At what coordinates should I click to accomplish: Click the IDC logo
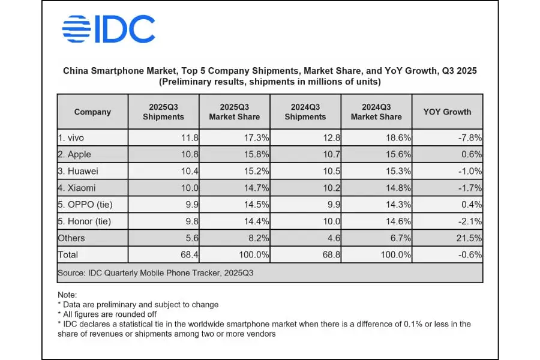coord(109,29)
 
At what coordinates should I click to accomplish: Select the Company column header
coord(92,112)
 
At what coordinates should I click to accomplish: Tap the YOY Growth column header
coord(447,112)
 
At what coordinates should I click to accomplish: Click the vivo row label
coord(71,137)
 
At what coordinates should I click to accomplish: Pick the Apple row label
coord(75,154)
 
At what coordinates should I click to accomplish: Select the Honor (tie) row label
coord(85,221)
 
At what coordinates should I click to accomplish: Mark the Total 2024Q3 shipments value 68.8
coord(331,255)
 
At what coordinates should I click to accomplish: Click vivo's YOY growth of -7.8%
coord(469,137)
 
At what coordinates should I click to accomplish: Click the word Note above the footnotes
coord(67,295)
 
